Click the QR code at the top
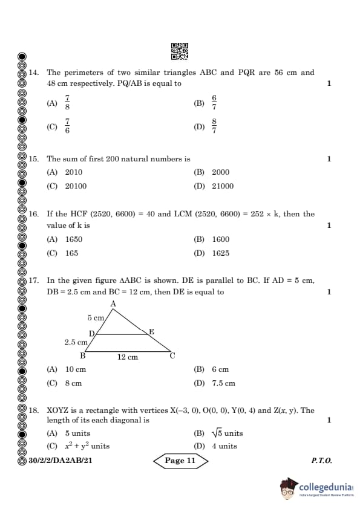click(180, 51)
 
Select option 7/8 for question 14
click(67, 103)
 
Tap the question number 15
click(34, 159)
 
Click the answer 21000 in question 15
click(222, 186)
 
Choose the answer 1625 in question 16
click(220, 253)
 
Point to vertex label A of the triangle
click(113, 303)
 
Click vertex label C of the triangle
click(172, 355)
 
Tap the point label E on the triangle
click(151, 331)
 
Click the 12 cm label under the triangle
click(128, 357)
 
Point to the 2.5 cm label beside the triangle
click(76, 342)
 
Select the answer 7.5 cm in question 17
click(223, 383)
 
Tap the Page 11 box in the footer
click(180, 461)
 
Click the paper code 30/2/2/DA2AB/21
click(60, 461)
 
